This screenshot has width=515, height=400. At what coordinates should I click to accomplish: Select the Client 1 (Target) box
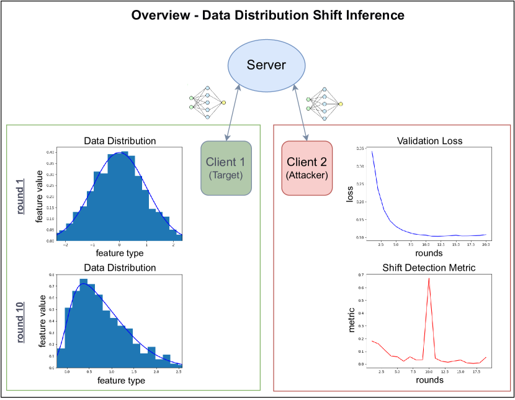(x=226, y=168)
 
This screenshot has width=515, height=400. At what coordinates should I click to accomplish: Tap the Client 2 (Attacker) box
(x=307, y=168)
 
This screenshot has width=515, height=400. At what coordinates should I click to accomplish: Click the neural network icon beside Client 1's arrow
(x=207, y=102)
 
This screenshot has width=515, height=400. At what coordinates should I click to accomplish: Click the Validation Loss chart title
(x=429, y=141)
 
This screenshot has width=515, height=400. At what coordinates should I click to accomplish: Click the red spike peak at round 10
(x=428, y=278)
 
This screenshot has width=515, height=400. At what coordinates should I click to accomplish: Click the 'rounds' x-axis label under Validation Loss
(x=429, y=253)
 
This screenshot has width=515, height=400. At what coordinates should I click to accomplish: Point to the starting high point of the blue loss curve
(x=372, y=152)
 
